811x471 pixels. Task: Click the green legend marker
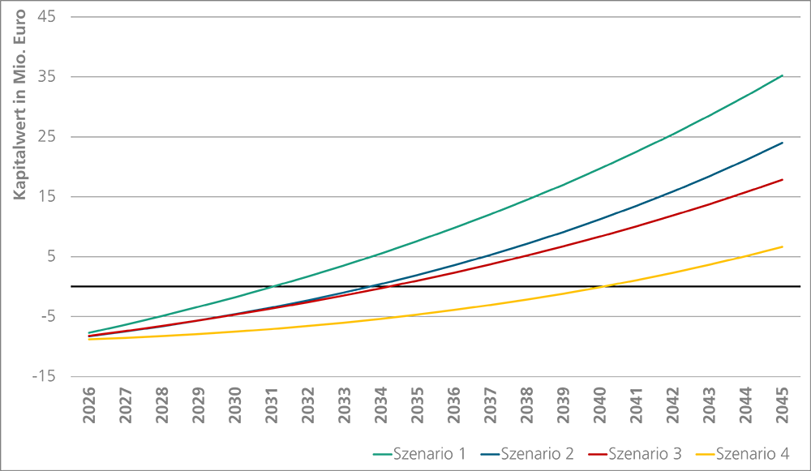(375, 447)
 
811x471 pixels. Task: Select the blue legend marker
(486, 447)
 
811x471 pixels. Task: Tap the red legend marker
(594, 447)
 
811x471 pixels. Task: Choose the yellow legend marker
(702, 447)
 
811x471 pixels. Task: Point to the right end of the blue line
(784, 150)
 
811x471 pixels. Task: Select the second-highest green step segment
(600, 166)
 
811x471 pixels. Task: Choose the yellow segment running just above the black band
(673, 269)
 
